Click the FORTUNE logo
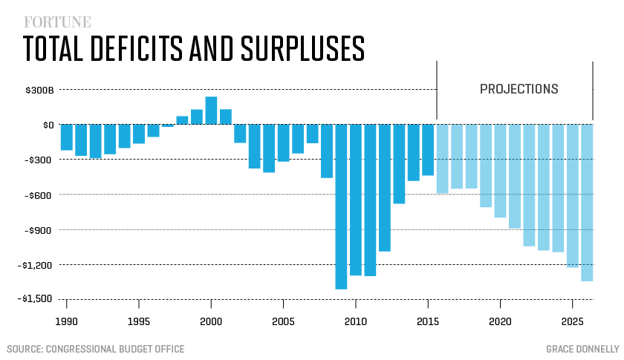(47, 22)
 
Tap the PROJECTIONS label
(519, 89)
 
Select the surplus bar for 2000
(211, 111)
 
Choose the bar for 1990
(67, 137)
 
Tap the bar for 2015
(428, 150)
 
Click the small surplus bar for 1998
(182, 120)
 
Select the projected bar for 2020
(500, 171)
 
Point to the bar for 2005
(283, 143)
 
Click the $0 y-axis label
(48, 125)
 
